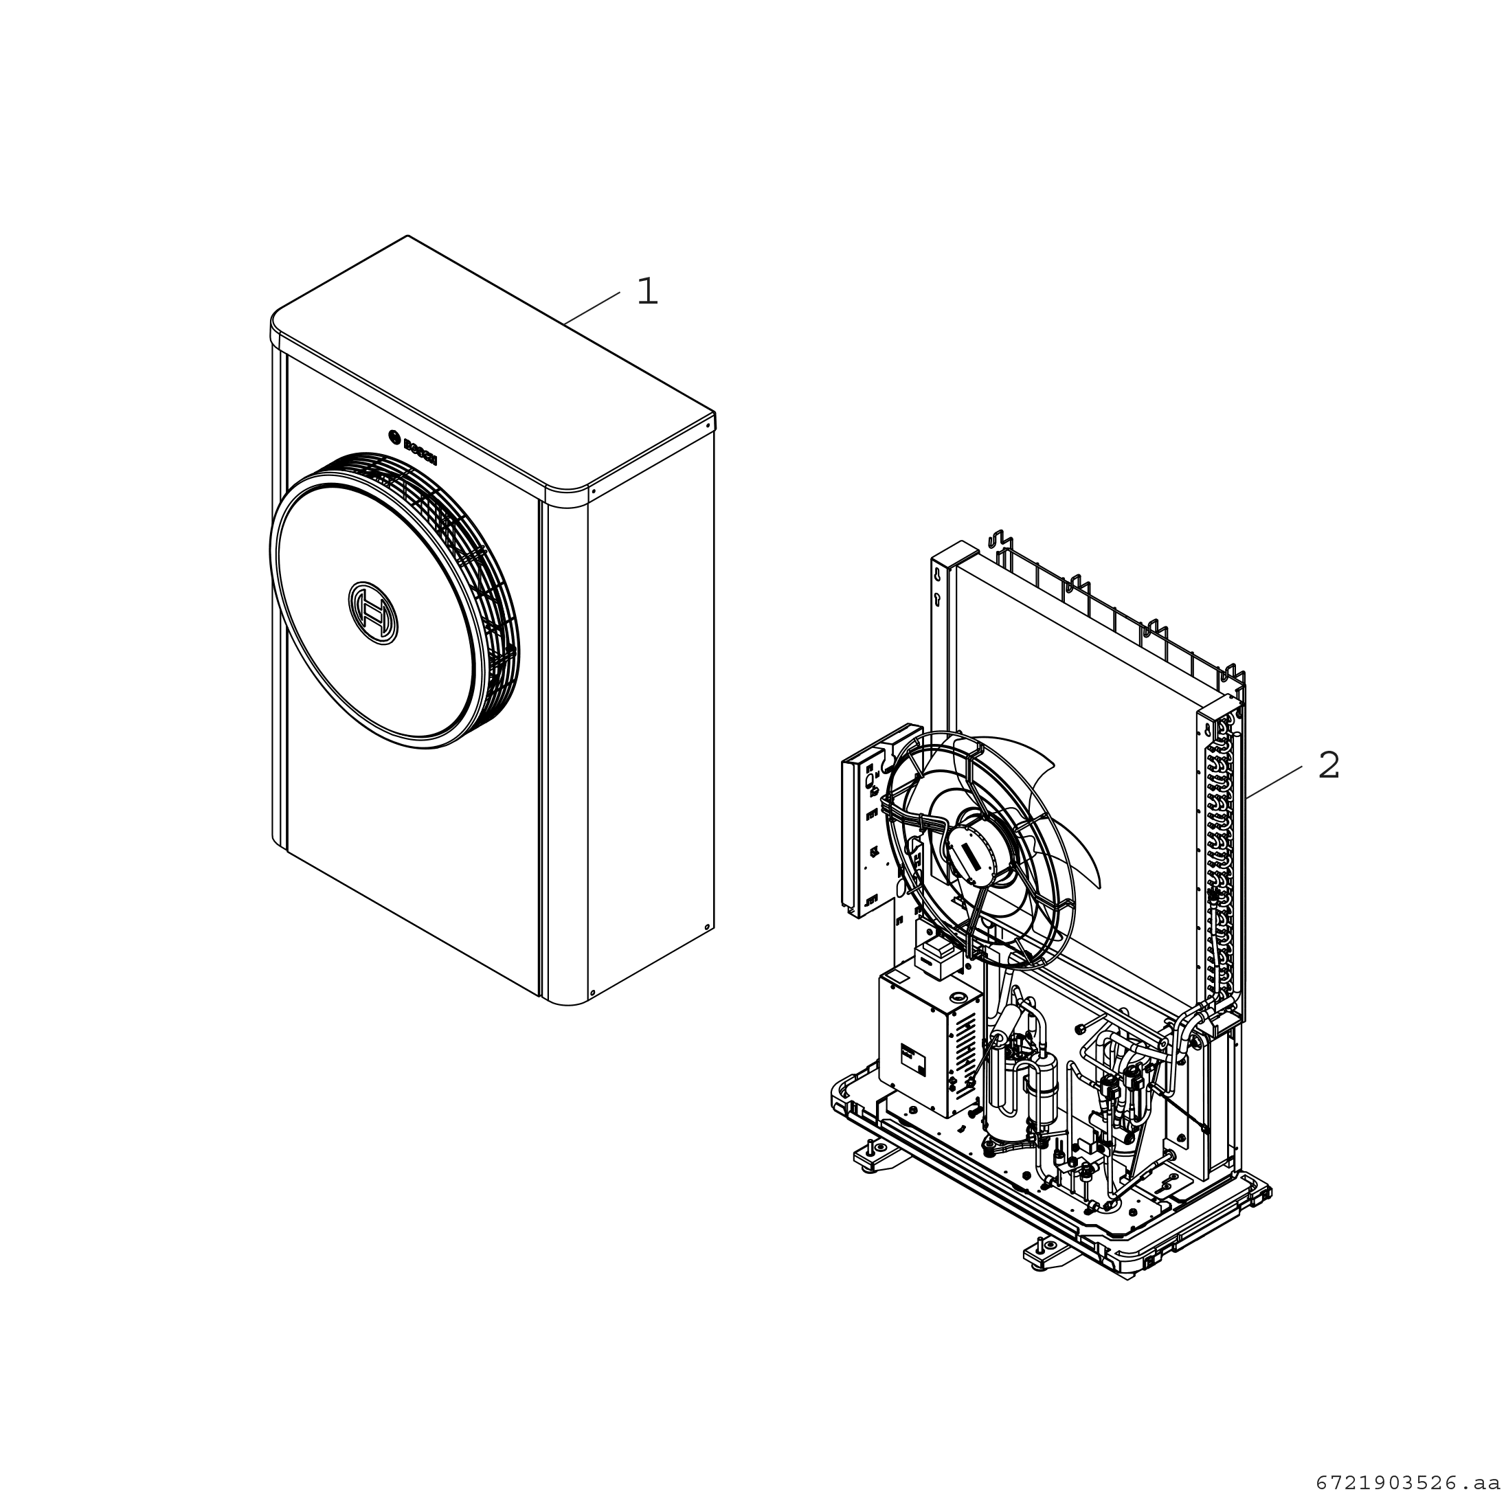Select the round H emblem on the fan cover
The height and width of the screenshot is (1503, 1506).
[372, 613]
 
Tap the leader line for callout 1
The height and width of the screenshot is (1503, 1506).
[592, 308]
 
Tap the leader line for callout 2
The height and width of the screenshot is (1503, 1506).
[1274, 782]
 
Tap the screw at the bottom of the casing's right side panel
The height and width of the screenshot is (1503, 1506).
[707, 927]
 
